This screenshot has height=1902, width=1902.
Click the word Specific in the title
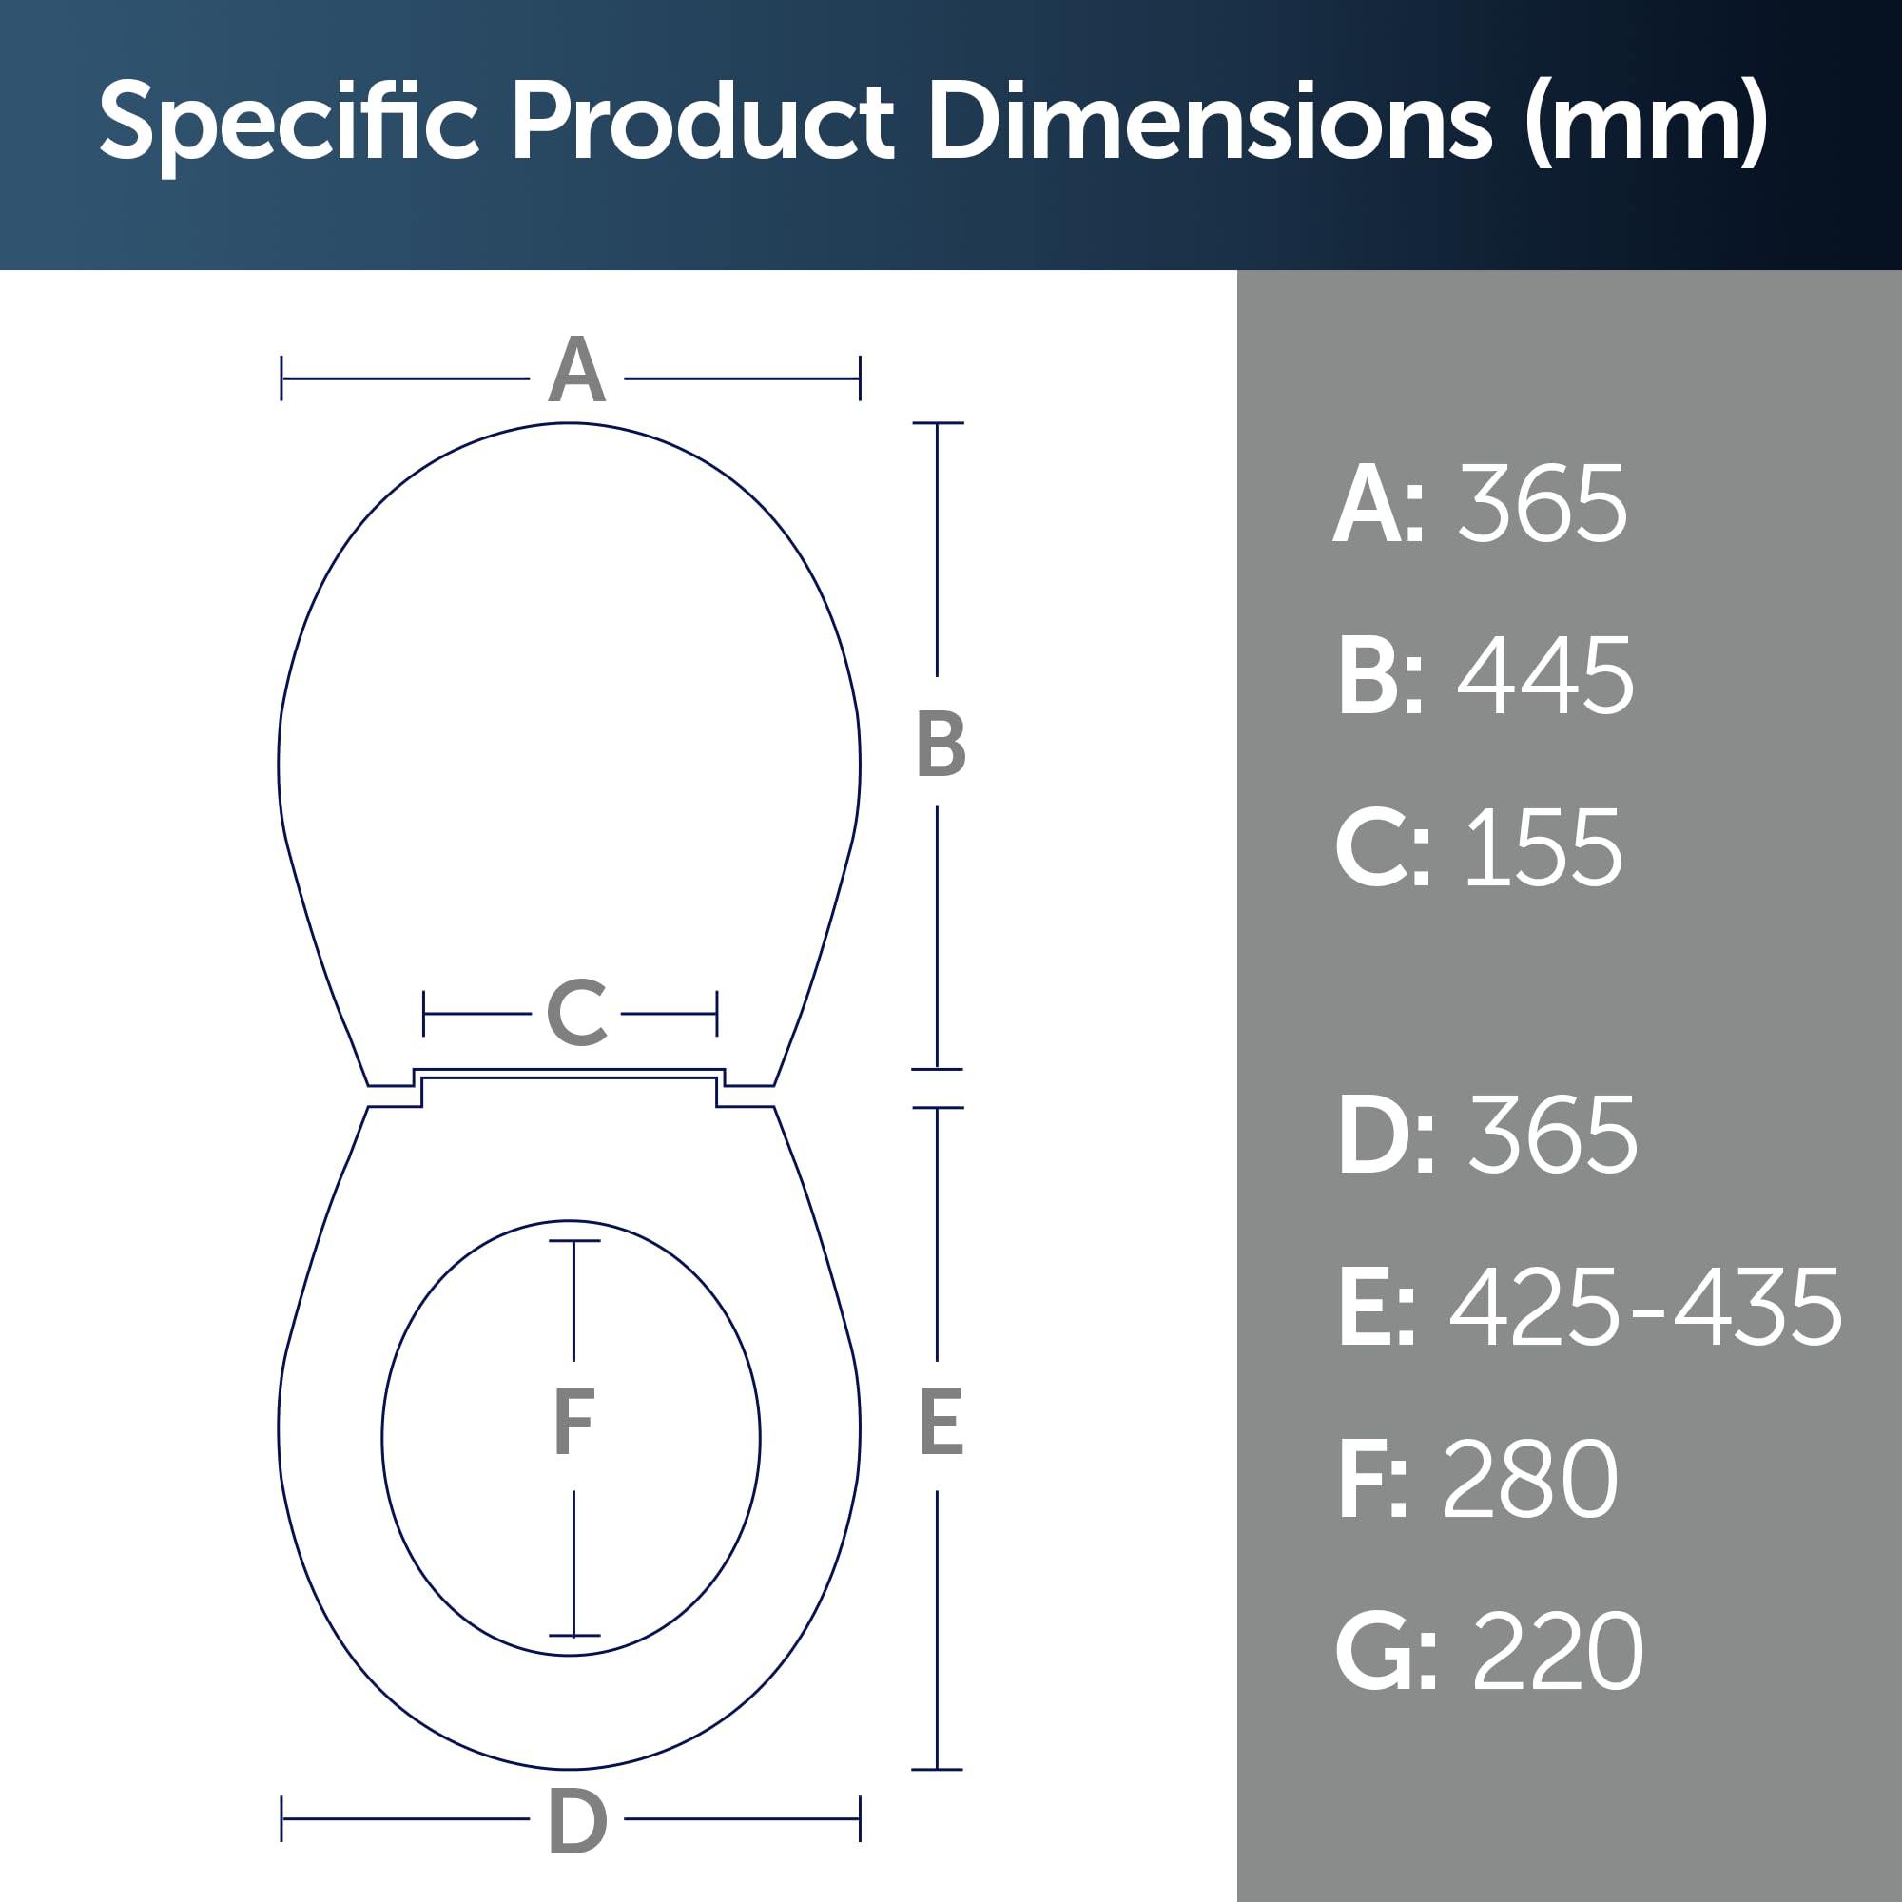(288, 123)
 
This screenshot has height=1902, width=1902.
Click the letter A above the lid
(576, 369)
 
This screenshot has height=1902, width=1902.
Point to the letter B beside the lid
(941, 744)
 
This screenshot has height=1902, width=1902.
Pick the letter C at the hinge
(576, 1012)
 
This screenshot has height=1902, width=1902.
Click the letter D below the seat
(577, 1821)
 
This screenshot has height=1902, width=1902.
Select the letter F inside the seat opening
(574, 1421)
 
